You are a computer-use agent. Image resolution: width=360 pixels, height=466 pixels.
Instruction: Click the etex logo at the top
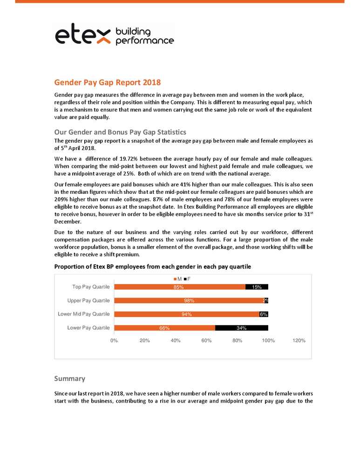click(114, 35)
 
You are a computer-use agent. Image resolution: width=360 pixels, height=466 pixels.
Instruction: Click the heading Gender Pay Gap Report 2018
click(107, 82)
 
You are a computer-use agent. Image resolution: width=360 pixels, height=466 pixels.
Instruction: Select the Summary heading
click(70, 378)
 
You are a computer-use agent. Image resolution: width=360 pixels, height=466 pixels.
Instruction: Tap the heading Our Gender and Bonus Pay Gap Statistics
click(120, 132)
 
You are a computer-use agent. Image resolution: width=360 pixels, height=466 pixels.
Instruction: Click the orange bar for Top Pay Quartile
click(179, 287)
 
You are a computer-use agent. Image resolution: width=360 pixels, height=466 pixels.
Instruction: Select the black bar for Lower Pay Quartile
click(241, 328)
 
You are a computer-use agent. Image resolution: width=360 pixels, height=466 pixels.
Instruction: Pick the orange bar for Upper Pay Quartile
click(188, 301)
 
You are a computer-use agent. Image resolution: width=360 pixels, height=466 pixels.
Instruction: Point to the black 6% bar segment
click(264, 314)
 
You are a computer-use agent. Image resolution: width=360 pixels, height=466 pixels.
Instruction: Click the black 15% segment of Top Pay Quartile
click(257, 287)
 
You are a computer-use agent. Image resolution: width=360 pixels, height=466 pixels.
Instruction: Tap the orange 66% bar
click(164, 328)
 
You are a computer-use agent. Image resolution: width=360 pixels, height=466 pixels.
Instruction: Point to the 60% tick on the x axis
click(206, 341)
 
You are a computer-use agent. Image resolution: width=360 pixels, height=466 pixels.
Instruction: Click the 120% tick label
click(299, 341)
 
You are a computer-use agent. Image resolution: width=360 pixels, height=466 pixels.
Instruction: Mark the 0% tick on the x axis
click(114, 341)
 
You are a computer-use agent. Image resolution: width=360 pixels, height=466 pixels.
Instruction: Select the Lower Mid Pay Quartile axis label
click(84, 314)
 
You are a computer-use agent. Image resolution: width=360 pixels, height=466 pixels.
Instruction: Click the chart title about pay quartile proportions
click(153, 267)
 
